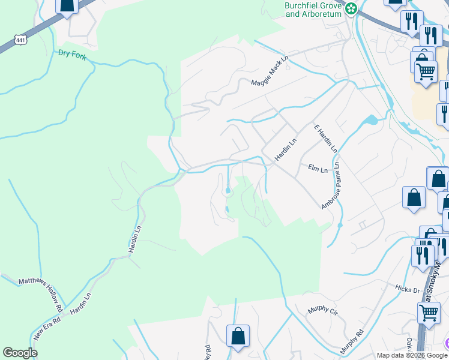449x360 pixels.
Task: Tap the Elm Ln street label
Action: click(x=318, y=170)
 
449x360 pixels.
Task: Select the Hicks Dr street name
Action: click(x=408, y=290)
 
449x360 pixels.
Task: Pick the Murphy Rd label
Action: click(x=352, y=340)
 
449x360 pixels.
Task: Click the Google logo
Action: click(x=20, y=353)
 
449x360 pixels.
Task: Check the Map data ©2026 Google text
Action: click(x=412, y=355)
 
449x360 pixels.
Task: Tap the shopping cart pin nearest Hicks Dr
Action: click(x=428, y=313)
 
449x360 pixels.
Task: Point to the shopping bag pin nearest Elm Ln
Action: click(x=414, y=197)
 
